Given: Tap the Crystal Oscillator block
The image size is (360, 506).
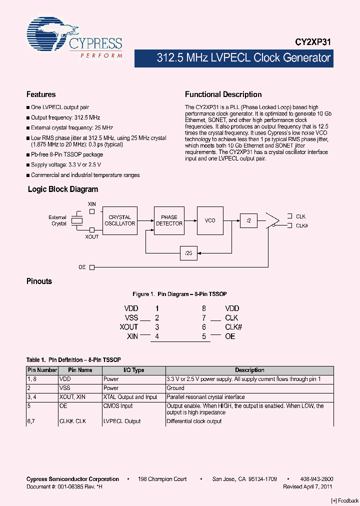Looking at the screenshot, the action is coord(119,220).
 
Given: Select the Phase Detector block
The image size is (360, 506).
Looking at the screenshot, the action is coord(169,220).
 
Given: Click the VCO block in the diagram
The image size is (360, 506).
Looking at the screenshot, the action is coord(210,220).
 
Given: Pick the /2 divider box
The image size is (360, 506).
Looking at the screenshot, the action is coord(248,220).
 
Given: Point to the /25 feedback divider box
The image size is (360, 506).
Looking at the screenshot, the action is coord(188,253).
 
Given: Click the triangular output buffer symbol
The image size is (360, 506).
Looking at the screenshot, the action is coord(272,220).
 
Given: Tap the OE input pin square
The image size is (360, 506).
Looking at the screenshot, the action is coord(92,267).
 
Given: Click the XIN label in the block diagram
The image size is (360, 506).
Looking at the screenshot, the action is coord(92,204).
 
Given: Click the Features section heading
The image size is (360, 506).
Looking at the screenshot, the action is coord(41,94).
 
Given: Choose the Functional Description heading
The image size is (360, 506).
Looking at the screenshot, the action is coord(223,94).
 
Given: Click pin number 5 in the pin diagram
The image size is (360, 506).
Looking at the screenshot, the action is coord(204,336).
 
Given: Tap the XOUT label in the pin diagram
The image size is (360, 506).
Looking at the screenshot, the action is coord(128,327).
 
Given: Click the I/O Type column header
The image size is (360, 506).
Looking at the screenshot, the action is coord(133,370).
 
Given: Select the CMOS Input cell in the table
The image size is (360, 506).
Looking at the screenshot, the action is coord(117,406).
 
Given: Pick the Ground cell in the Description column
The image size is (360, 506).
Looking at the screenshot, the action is coord(175,388).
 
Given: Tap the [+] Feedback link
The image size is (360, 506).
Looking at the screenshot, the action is coord(345,500).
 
